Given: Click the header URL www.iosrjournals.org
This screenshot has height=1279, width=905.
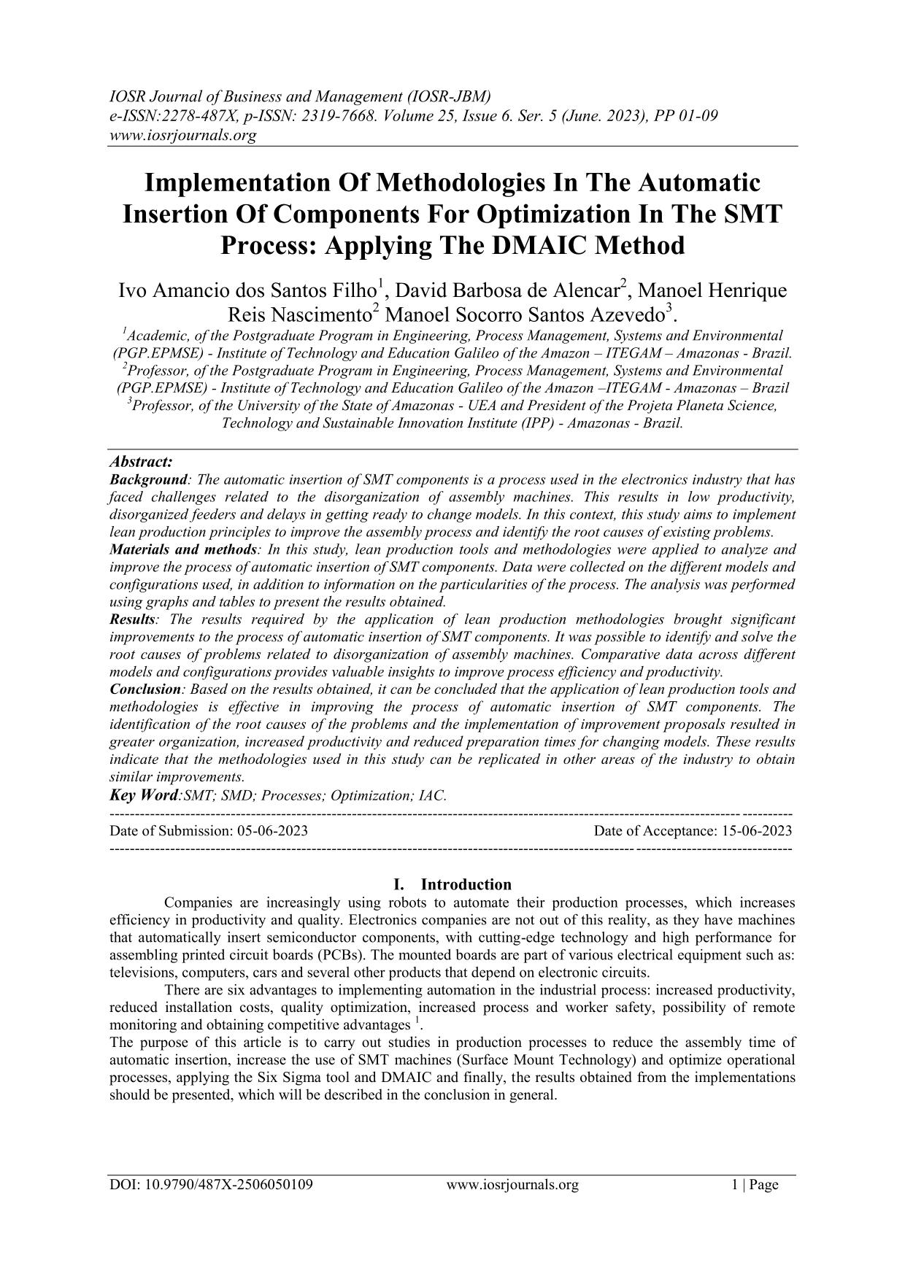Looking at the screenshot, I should pos(182,135).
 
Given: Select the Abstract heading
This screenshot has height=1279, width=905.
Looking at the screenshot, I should pos(141,462).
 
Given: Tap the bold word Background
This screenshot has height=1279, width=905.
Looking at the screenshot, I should pos(149,479).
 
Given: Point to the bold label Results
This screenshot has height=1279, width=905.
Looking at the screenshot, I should pos(132,619).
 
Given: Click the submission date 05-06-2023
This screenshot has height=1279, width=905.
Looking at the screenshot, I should pos(272,830).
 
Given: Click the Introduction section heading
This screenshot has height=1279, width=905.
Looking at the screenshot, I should pos(466,884).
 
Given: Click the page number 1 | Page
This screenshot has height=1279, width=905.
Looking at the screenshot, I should pos(755,1185).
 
